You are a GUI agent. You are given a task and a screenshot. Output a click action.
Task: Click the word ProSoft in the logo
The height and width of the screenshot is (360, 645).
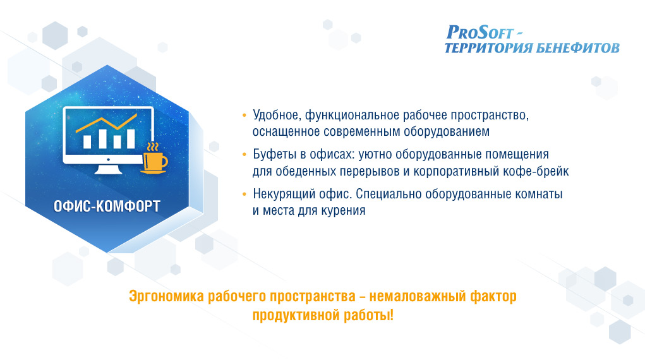tap(479, 32)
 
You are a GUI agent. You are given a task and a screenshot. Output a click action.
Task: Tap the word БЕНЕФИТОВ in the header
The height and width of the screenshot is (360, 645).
tap(578, 48)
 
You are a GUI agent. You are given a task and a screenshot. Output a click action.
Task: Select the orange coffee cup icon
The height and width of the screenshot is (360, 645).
tap(155, 162)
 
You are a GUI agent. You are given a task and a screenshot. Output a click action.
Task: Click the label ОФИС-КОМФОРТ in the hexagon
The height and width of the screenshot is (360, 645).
tap(107, 206)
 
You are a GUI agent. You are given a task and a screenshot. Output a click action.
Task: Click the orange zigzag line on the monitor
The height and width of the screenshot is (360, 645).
tap(107, 123)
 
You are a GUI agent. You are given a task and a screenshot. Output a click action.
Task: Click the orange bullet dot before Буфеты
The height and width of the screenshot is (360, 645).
tap(244, 155)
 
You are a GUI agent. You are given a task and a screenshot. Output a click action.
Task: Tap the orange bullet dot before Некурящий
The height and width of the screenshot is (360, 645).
tap(244, 194)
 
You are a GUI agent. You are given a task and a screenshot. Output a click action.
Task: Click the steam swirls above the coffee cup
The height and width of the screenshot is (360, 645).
tap(153, 147)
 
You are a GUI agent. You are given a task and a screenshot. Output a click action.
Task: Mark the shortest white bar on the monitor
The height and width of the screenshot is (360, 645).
tap(118, 141)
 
